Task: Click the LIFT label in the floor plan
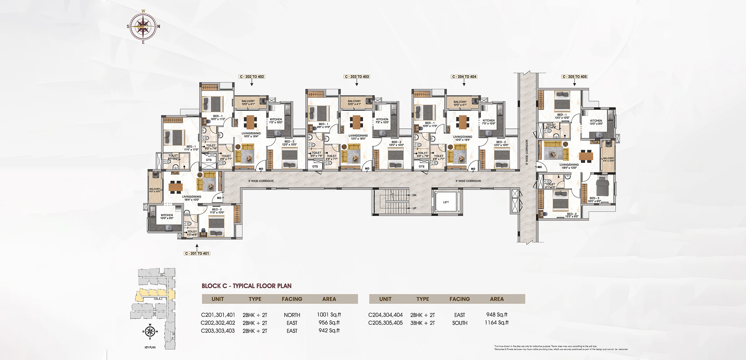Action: click(x=446, y=202)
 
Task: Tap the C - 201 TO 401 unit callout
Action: click(x=197, y=253)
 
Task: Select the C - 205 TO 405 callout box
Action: click(x=574, y=77)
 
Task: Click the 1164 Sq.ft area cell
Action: click(x=497, y=323)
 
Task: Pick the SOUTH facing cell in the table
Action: click(x=460, y=323)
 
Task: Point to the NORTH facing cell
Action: click(x=292, y=315)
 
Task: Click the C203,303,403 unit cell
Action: click(x=218, y=331)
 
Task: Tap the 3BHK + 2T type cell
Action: click(x=422, y=323)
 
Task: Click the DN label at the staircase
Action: click(x=414, y=195)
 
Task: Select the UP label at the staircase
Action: click(x=414, y=208)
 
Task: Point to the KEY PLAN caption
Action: click(x=150, y=347)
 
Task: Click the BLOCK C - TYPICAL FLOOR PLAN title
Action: click(x=246, y=286)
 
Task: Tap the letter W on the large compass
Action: click(x=143, y=11)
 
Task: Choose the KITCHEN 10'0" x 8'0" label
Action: click(x=167, y=216)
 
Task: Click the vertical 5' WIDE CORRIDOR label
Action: click(x=527, y=152)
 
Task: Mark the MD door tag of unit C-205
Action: click(x=540, y=167)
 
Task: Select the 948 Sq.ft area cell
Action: click(x=497, y=315)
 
